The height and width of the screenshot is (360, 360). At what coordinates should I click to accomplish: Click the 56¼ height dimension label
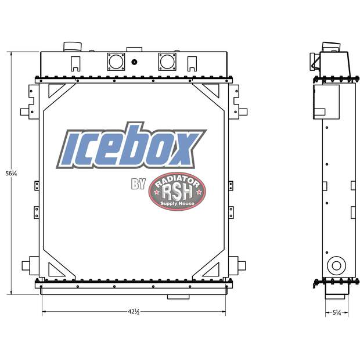pyautogui.click(x=10, y=173)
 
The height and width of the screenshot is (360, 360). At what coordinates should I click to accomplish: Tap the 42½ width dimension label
pyautogui.click(x=133, y=312)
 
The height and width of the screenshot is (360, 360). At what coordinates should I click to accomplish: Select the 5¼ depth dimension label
pyautogui.click(x=336, y=312)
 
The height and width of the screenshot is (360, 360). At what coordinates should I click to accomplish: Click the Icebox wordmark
pyautogui.click(x=131, y=147)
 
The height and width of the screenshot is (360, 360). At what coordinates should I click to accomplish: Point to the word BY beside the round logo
pyautogui.click(x=138, y=185)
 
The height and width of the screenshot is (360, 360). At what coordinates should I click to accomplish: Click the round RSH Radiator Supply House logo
pyautogui.click(x=177, y=191)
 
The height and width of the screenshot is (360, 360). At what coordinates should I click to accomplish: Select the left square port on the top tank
pyautogui.click(x=116, y=61)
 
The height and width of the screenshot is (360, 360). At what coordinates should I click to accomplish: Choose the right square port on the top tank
pyautogui.click(x=167, y=61)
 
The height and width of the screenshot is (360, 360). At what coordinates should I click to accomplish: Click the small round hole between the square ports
pyautogui.click(x=134, y=62)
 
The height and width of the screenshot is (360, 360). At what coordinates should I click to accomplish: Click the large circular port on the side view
pyautogui.click(x=335, y=266)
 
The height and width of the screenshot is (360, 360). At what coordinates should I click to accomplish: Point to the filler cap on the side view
pyautogui.click(x=329, y=46)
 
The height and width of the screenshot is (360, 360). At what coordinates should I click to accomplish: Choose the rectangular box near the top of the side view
pyautogui.click(x=326, y=101)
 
